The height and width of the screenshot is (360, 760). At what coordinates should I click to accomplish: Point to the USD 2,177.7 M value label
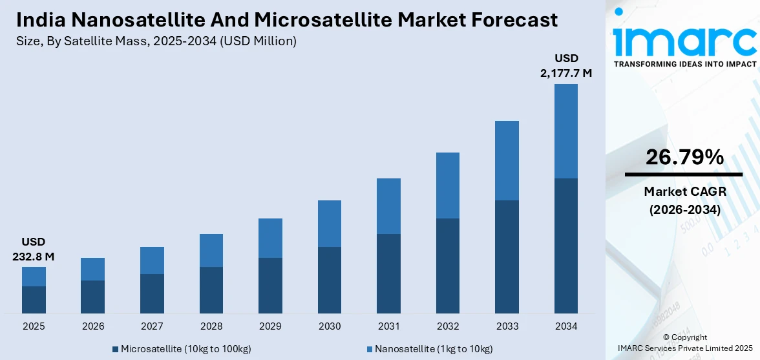click(566, 66)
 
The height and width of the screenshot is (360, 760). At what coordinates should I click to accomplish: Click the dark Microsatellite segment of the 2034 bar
click(566, 246)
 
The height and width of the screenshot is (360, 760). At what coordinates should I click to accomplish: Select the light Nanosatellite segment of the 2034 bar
click(566, 131)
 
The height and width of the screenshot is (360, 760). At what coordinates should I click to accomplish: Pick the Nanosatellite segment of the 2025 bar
click(34, 277)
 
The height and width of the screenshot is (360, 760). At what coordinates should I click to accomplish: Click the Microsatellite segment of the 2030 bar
click(330, 280)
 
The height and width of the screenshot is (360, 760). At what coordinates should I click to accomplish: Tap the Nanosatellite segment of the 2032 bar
click(448, 185)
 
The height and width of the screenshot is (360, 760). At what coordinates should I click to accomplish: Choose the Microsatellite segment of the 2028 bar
click(211, 290)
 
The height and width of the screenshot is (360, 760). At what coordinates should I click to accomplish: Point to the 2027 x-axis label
click(152, 326)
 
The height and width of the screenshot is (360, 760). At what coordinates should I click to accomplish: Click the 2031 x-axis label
click(388, 326)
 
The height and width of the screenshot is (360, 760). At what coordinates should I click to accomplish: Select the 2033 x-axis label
click(507, 326)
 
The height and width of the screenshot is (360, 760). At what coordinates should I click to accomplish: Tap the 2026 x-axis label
click(92, 326)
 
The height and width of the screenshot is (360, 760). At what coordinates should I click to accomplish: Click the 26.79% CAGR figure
click(684, 157)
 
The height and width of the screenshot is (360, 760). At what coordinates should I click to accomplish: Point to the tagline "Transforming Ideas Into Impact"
click(684, 64)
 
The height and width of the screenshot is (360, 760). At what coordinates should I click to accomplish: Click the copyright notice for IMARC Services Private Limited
click(684, 343)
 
